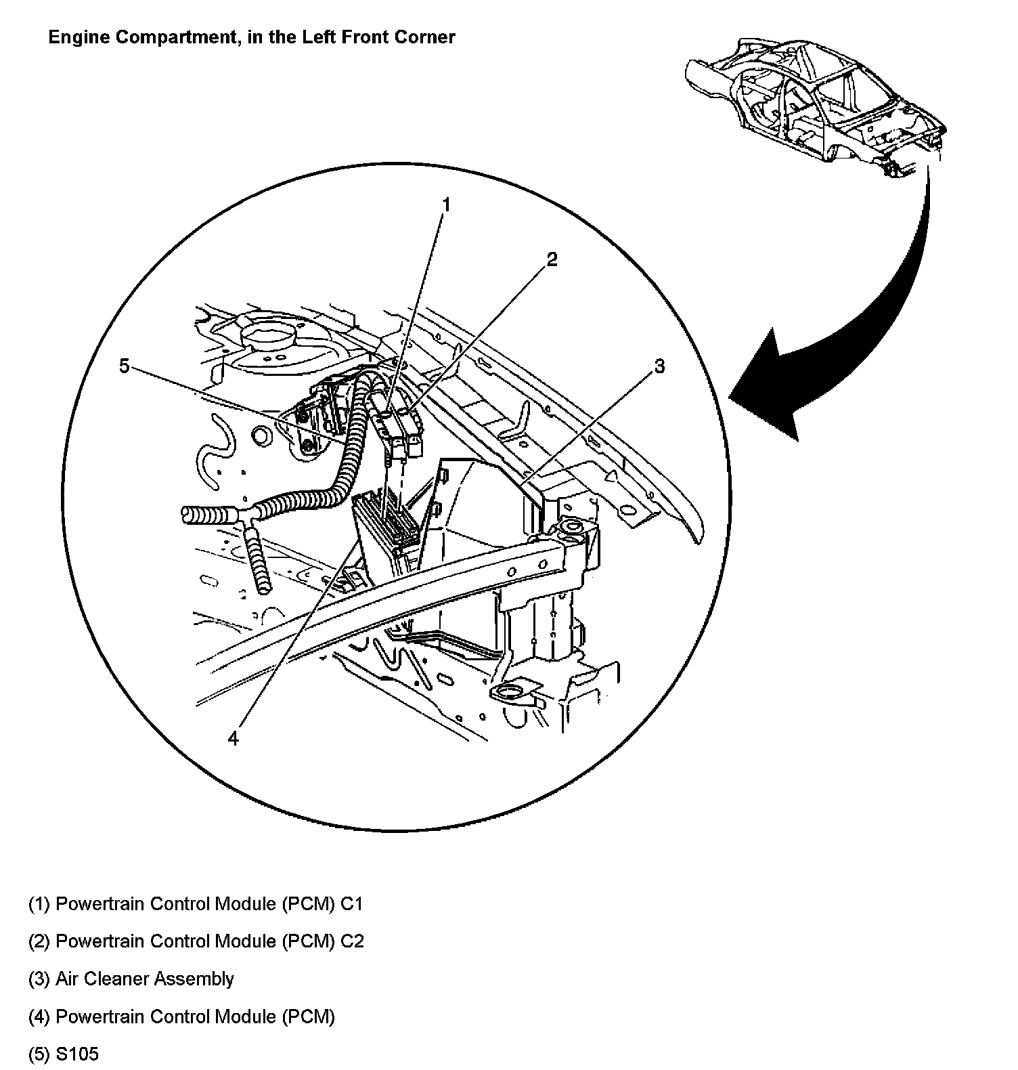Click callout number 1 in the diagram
[x=447, y=205]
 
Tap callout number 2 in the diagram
[x=552, y=259]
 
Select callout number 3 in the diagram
[x=659, y=366]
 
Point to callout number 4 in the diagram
[x=234, y=737]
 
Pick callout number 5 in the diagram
[x=124, y=366]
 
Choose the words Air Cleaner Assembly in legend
[x=145, y=979]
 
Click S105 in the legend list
[x=77, y=1054]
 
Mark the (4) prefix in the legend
[x=39, y=1016]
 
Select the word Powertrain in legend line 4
[x=98, y=1016]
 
